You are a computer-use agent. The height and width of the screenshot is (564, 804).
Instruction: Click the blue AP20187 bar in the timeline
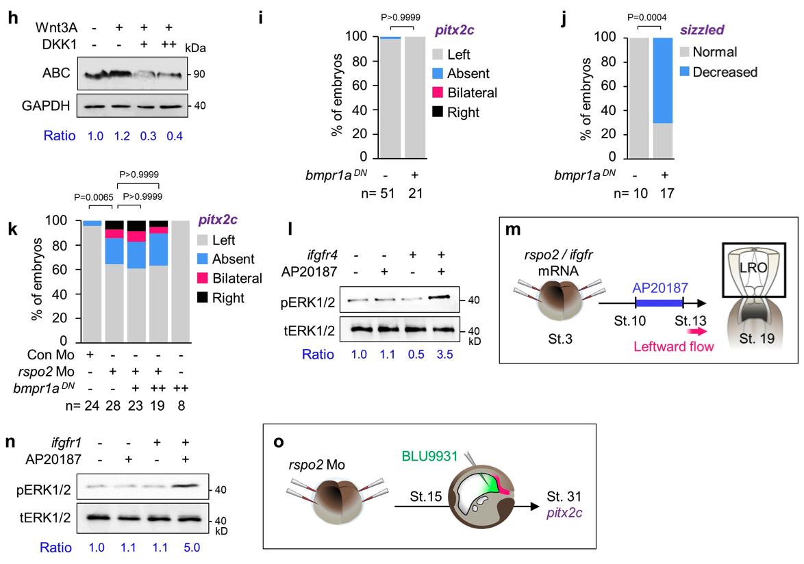pyautogui.click(x=658, y=302)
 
